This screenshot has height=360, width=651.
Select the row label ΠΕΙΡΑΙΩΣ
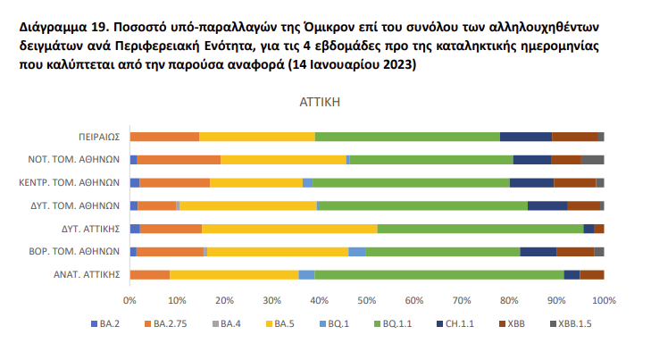(98, 137)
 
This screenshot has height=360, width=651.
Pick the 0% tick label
(130, 299)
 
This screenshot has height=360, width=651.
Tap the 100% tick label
(604, 299)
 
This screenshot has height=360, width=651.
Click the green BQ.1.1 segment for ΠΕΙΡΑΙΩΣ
(407, 137)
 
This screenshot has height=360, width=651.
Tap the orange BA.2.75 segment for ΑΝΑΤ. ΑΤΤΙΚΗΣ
(150, 274)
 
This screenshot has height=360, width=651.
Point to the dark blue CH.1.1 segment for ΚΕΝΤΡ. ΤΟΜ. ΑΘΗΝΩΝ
(531, 182)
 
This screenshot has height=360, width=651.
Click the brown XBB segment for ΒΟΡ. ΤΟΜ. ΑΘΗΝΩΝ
(575, 252)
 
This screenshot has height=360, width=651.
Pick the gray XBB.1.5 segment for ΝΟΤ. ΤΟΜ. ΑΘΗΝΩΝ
(592, 160)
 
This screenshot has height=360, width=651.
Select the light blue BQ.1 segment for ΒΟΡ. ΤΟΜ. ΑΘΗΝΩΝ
(356, 252)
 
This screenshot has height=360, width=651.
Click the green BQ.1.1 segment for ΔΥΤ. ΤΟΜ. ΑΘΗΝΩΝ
(422, 205)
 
